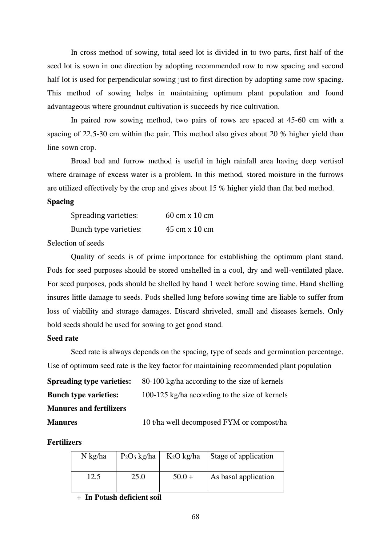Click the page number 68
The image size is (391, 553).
(195, 517)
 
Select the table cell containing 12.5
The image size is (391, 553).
(94, 477)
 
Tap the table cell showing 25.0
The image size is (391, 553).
(138, 477)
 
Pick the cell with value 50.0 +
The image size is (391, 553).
(183, 477)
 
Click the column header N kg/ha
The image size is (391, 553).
(94, 456)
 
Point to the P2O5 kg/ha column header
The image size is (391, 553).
(138, 456)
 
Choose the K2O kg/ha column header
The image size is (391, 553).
(183, 456)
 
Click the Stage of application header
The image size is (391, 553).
(241, 456)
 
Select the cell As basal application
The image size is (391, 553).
(242, 477)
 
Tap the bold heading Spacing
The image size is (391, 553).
(61, 202)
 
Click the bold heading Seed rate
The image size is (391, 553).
(63, 339)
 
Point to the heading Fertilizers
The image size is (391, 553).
(64, 443)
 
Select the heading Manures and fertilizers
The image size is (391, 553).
(87, 409)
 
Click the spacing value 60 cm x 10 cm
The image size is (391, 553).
(189, 215)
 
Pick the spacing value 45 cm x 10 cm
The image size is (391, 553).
(189, 229)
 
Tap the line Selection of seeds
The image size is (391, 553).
(75, 243)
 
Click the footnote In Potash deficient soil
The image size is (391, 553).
(123, 498)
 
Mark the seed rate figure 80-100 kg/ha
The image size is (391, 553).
(165, 382)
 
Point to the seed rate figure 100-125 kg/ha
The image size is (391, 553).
(165, 395)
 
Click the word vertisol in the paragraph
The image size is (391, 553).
(331, 161)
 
